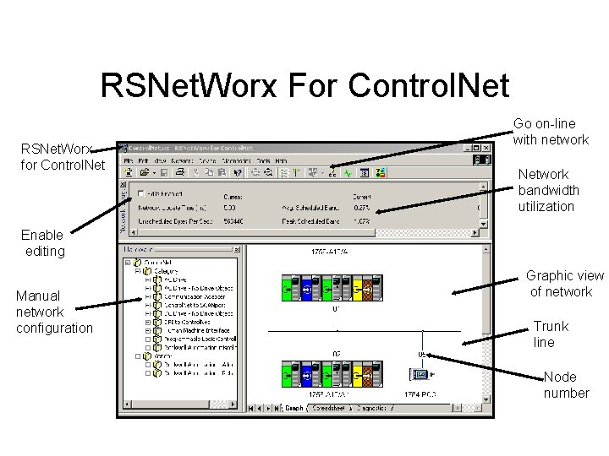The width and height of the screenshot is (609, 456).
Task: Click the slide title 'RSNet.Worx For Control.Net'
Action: click(304, 85)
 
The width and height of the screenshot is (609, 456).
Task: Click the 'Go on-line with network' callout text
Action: click(551, 132)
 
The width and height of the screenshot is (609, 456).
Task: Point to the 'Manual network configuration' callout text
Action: click(54, 312)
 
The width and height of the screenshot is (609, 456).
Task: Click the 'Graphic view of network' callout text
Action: click(564, 284)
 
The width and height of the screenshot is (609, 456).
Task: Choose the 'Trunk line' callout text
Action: click(550, 334)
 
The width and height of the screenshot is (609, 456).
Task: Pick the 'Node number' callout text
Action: click(566, 385)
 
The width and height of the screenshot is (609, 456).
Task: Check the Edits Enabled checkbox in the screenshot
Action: click(141, 193)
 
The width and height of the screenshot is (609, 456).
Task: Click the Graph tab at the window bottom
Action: click(292, 409)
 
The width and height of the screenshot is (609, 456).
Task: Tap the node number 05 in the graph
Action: click(420, 355)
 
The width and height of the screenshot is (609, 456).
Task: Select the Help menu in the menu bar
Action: click(282, 160)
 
